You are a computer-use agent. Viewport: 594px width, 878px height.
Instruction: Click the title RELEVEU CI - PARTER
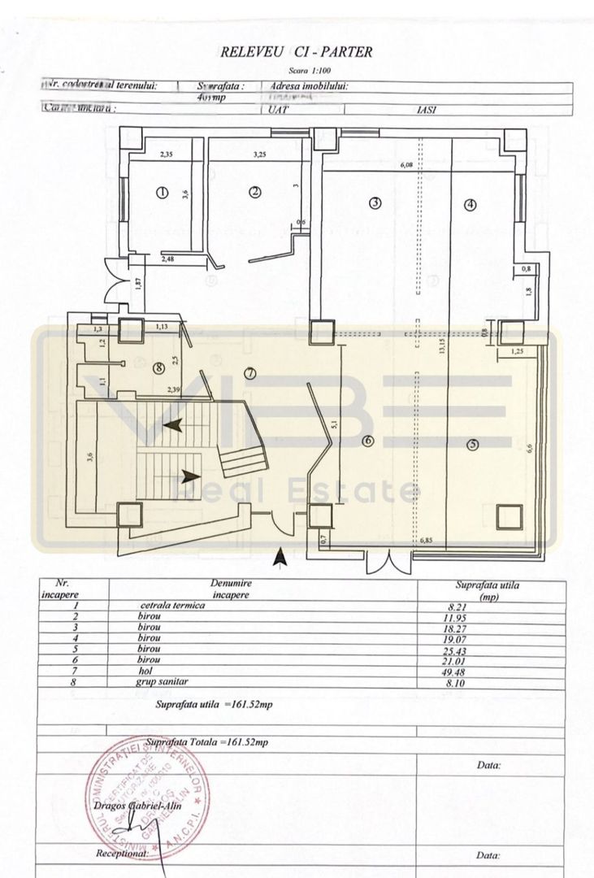[296, 53]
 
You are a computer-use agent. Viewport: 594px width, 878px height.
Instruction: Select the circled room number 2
[254, 192]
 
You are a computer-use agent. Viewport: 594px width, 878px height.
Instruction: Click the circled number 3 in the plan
[375, 203]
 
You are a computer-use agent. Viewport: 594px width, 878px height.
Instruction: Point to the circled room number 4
[470, 205]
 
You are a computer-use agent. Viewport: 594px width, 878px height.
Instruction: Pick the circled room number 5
[472, 445]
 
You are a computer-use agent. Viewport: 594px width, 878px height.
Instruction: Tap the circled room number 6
[367, 441]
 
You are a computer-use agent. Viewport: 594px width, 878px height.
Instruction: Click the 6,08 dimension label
[406, 166]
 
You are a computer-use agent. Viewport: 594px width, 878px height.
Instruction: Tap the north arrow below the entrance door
[280, 557]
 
